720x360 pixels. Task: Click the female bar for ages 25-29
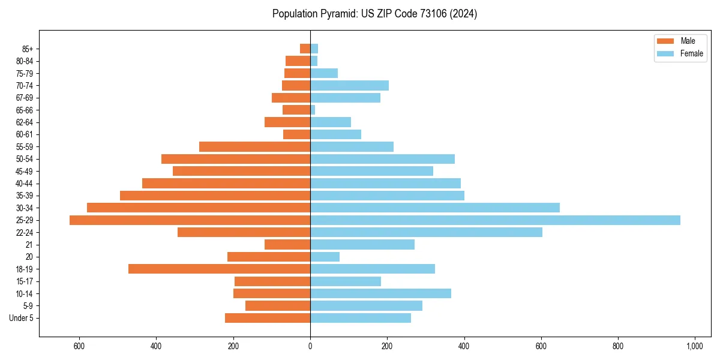click(x=495, y=220)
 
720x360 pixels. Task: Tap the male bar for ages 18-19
click(x=219, y=269)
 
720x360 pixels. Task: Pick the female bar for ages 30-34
click(x=435, y=208)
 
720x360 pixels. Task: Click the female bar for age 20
click(x=325, y=257)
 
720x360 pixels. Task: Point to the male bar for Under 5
click(x=268, y=318)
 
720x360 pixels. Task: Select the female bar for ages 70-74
click(x=349, y=85)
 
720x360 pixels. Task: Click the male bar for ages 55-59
click(x=254, y=146)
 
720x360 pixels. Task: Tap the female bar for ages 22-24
click(x=426, y=232)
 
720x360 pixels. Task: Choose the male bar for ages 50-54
click(x=236, y=159)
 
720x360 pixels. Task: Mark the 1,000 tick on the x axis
click(x=694, y=346)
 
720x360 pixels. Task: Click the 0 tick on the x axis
click(x=310, y=346)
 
